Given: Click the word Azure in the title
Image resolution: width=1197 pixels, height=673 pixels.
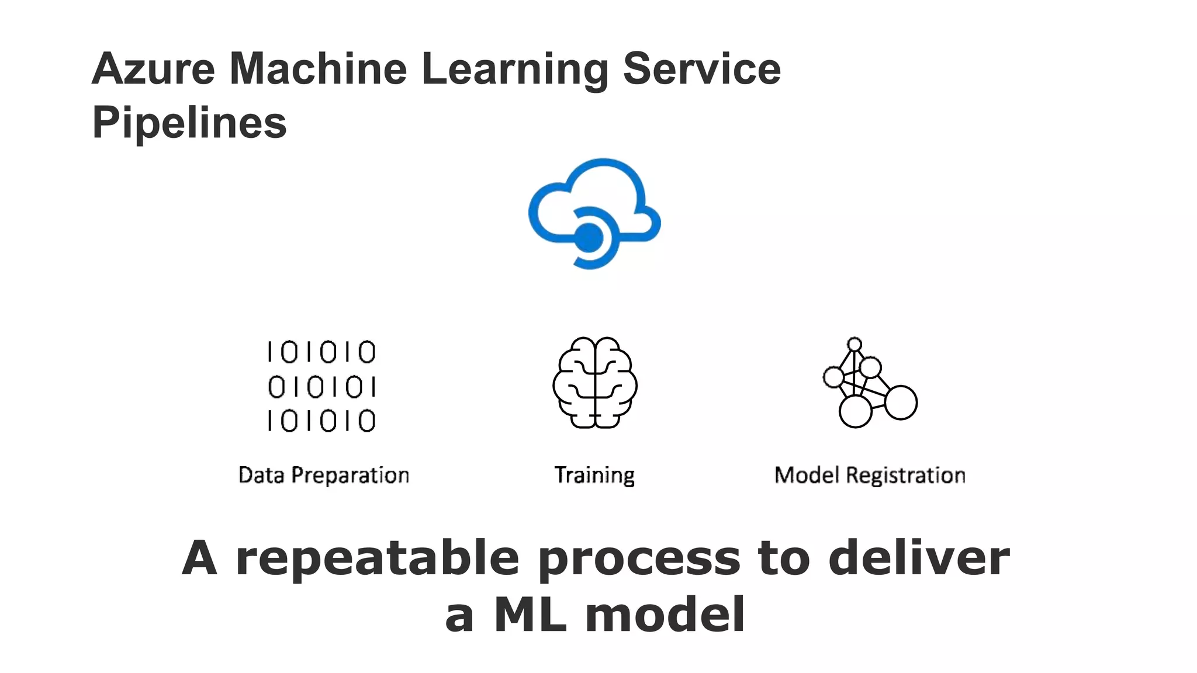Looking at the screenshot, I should (154, 69).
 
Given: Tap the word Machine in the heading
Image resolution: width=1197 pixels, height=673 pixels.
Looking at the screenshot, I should (318, 69).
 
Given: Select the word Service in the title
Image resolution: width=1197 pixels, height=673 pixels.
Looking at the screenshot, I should (701, 69).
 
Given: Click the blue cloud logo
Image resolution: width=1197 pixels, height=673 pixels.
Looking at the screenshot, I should (594, 213).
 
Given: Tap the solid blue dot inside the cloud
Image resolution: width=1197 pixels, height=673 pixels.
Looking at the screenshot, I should (589, 237).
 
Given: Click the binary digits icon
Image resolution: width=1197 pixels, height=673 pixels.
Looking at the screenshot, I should (321, 386).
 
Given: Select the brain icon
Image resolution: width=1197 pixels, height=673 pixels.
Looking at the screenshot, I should (595, 383).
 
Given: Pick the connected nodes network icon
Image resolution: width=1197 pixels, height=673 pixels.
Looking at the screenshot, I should (870, 383).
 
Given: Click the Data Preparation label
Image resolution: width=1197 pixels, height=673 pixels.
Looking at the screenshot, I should (324, 475).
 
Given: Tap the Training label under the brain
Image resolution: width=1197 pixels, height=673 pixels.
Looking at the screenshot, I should (594, 476).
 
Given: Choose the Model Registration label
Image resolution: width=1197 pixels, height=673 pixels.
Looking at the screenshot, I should (870, 475).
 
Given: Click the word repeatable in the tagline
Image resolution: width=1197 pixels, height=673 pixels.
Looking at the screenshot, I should (378, 558).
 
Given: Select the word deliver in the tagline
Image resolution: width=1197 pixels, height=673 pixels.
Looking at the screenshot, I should (919, 558).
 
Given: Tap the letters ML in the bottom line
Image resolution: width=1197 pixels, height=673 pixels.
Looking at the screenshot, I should (531, 615).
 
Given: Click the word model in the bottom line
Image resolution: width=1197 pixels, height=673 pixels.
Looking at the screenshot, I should (665, 615).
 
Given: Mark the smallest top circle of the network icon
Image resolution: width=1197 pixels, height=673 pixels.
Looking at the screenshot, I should (854, 344).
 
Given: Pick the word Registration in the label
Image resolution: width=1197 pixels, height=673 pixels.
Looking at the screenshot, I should (905, 476).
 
